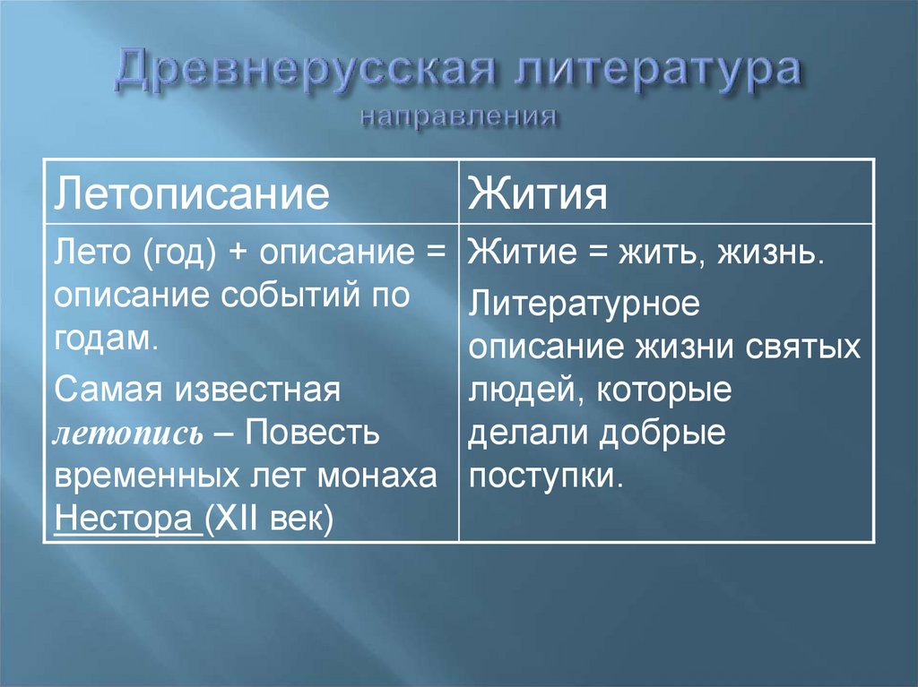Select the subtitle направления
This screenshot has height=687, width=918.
coord(458,116)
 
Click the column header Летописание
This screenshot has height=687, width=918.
coord(192,193)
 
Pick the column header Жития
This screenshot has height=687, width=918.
coord(538,193)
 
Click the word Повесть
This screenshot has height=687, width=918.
coord(312,433)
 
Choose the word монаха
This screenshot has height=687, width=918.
coord(377,477)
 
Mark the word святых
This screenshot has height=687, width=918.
coord(803,347)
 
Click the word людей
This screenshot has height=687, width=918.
coord(527,391)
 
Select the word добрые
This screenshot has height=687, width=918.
coord(663,433)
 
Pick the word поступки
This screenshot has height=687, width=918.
coord(544,477)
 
